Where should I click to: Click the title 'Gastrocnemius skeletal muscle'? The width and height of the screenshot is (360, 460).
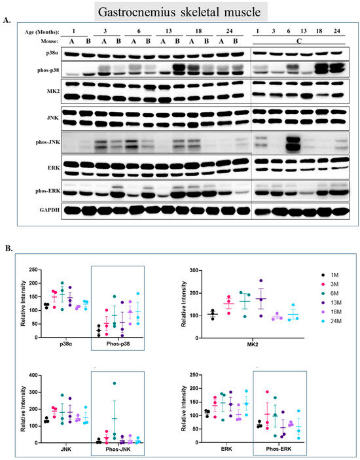point(181,11)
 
